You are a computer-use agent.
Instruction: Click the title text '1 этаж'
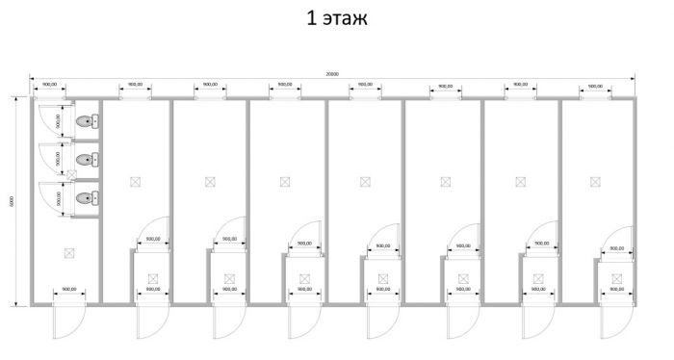click(336, 18)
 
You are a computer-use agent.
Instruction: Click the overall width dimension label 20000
click(332, 73)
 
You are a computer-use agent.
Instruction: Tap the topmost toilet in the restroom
click(86, 122)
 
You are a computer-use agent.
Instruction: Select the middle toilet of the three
click(86, 160)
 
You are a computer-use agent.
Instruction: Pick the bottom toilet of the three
click(86, 198)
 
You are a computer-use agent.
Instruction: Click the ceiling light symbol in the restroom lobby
click(67, 253)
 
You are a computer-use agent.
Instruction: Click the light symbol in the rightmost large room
click(597, 181)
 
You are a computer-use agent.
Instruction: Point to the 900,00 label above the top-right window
click(594, 85)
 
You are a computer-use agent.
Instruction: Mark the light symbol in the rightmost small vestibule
click(614, 279)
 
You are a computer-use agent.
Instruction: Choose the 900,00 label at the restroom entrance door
click(68, 289)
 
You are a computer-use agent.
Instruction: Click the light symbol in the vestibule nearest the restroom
click(152, 279)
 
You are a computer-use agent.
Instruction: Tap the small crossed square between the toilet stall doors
click(71, 174)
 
